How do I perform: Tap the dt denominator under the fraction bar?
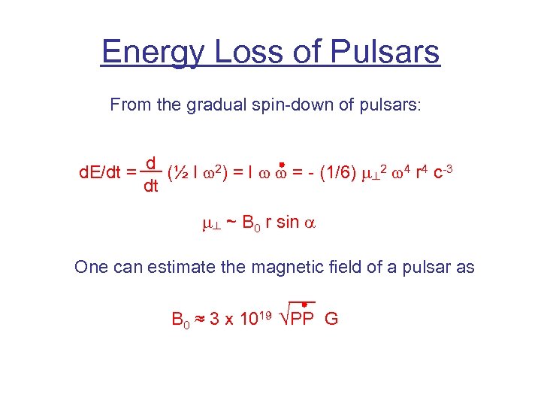pyautogui.click(x=150, y=186)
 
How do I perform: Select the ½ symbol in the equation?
pyautogui.click(x=180, y=173)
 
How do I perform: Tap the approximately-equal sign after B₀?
pyautogui.click(x=200, y=319)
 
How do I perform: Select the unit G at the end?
pyautogui.click(x=331, y=319)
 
